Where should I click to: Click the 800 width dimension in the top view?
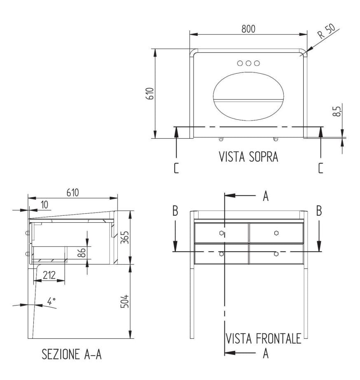(x=248, y=29)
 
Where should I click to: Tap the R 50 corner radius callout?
(x=327, y=31)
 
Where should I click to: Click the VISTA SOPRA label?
(x=248, y=156)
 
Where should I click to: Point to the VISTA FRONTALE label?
(x=263, y=338)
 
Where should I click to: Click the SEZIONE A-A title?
(x=72, y=354)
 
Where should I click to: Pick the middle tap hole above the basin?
(x=248, y=63)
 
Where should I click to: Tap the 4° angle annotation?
(x=51, y=301)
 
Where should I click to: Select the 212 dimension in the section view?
(x=49, y=275)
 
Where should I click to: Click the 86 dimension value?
(x=82, y=252)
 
